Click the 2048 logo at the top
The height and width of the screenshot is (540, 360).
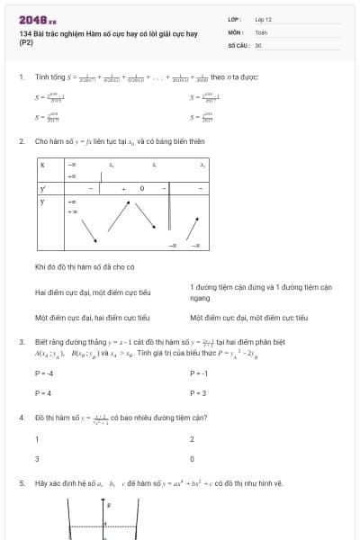37,18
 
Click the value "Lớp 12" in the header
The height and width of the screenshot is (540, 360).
263,18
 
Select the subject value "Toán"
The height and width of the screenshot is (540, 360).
260,31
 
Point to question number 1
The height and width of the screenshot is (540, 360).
21,77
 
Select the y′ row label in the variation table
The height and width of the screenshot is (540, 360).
42,189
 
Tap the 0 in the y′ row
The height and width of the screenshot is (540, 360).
140,189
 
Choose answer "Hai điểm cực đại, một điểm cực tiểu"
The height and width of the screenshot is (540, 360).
93,292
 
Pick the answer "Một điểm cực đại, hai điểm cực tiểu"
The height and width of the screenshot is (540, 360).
93,318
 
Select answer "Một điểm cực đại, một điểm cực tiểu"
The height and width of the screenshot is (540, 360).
248,318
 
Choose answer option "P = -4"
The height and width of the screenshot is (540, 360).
44,373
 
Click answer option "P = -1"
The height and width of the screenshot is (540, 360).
199,373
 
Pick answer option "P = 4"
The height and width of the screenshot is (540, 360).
43,393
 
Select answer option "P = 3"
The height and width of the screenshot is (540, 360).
198,393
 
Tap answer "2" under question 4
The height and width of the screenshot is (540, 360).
192,439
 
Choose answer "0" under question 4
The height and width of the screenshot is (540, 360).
192,459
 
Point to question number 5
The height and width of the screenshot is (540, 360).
21,483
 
